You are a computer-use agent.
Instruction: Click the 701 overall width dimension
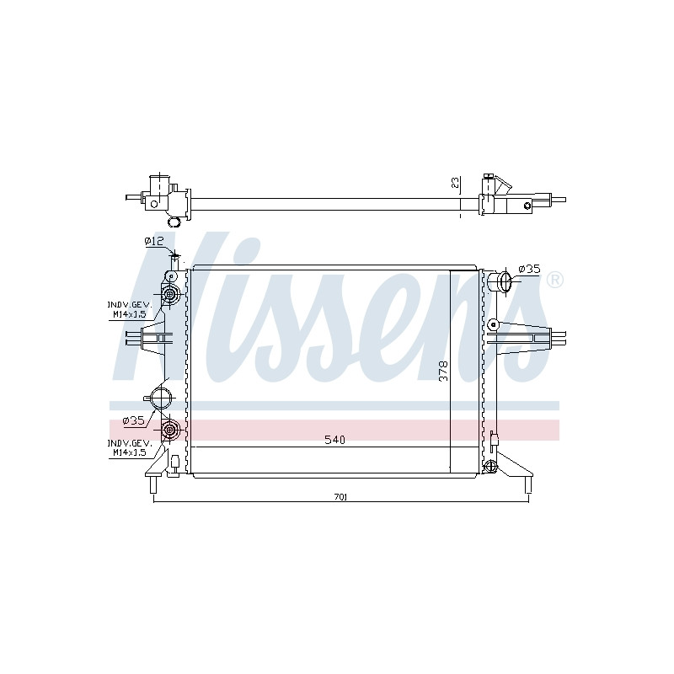340,497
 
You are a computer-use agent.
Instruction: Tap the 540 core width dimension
334,440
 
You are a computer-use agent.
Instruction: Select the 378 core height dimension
443,371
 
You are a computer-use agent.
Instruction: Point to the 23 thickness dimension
456,183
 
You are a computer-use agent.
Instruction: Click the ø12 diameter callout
154,241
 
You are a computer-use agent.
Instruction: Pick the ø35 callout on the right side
529,269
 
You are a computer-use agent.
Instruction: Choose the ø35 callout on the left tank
134,420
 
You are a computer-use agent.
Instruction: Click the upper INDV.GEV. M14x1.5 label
130,309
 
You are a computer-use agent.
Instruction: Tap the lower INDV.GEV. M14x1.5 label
130,448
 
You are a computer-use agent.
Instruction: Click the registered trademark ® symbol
554,281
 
